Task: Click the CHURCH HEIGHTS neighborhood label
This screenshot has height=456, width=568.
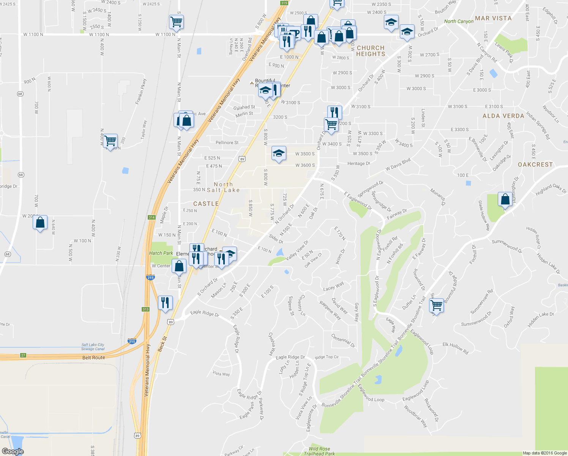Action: pyautogui.click(x=371, y=51)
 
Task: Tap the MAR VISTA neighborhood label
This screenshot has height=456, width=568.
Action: pyautogui.click(x=493, y=18)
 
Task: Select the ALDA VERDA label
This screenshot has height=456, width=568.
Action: pyautogui.click(x=503, y=116)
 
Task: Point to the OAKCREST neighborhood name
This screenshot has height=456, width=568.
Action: pyautogui.click(x=535, y=165)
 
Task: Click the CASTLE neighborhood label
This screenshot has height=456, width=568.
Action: pyautogui.click(x=206, y=204)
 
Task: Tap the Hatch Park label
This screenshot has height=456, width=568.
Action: pyautogui.click(x=161, y=253)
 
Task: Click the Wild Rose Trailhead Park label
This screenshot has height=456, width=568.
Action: pyautogui.click(x=319, y=451)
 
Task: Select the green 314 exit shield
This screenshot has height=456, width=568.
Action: pyautogui.click(x=151, y=217)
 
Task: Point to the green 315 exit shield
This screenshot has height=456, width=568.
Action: pyautogui.click(x=284, y=3)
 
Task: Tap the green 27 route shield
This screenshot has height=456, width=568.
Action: pyautogui.click(x=23, y=355)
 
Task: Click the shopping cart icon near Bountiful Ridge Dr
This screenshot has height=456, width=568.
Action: pyautogui.click(x=437, y=305)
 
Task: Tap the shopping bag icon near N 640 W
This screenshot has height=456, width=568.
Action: pyautogui.click(x=40, y=223)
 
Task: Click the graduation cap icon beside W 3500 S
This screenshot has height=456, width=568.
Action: pyautogui.click(x=279, y=154)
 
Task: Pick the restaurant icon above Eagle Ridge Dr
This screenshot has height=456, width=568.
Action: pyautogui.click(x=165, y=302)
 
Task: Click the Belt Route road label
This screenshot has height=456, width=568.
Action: pyautogui.click(x=93, y=358)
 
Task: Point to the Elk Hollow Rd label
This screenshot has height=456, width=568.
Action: pyautogui.click(x=456, y=348)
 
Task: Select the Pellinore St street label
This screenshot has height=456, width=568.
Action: pyautogui.click(x=227, y=142)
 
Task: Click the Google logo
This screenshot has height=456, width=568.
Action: pyautogui.click(x=13, y=451)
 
